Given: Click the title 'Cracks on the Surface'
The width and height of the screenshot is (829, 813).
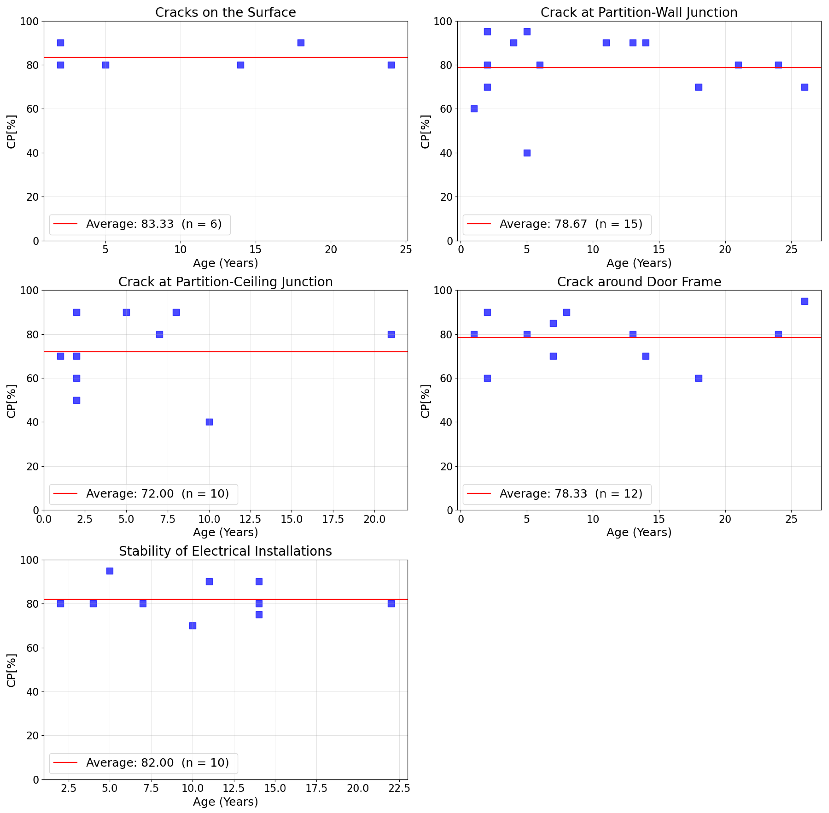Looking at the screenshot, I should [x=225, y=12].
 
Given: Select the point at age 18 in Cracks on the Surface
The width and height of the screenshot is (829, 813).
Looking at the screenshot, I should [x=301, y=43].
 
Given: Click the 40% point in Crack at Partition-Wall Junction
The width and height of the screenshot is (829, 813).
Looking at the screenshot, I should [x=527, y=153].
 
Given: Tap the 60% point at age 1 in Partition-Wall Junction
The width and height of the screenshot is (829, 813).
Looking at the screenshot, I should [x=474, y=109].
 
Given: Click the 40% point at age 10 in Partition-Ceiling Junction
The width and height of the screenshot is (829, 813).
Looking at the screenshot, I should [x=209, y=422].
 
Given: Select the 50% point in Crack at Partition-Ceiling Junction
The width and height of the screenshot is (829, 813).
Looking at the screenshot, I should [x=76, y=400].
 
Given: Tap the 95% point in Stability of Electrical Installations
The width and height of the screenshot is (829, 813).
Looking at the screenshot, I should [x=110, y=571].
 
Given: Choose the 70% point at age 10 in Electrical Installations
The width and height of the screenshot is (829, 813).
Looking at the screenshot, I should [x=192, y=625].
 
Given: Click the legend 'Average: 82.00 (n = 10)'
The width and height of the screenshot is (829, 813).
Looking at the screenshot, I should [x=157, y=763].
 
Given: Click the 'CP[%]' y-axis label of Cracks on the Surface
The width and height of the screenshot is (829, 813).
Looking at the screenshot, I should [x=12, y=132].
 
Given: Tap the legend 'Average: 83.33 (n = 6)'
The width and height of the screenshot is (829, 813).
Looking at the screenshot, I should [x=154, y=224].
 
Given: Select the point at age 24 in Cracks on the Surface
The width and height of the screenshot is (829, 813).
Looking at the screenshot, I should [x=391, y=65].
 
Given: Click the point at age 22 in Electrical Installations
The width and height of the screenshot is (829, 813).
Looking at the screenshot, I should [x=391, y=604].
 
